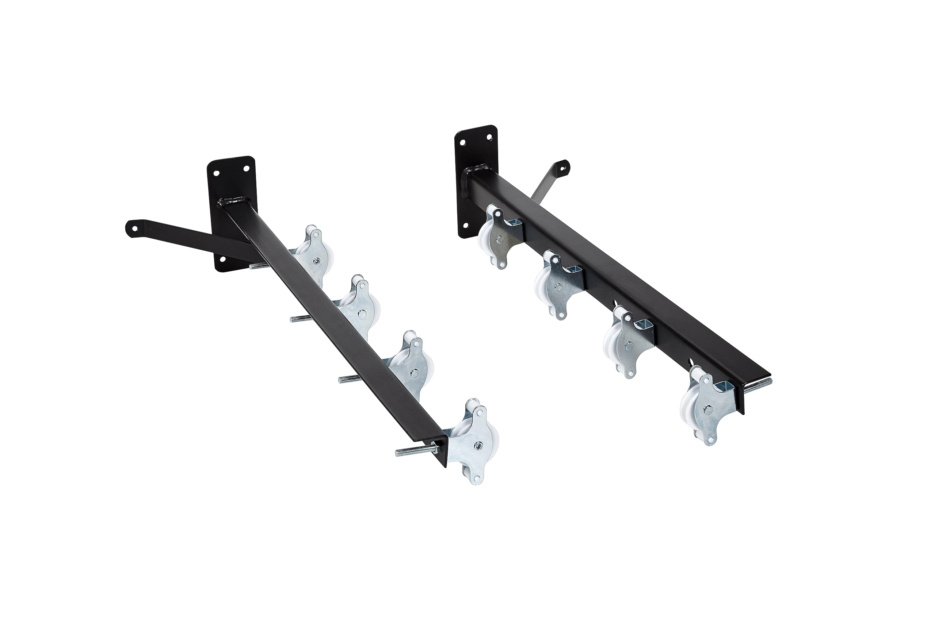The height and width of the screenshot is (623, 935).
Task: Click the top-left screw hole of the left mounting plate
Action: click(216, 174)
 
